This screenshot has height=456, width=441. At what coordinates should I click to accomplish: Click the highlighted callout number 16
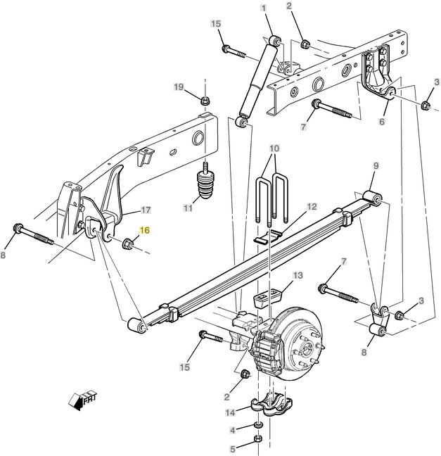[144, 230]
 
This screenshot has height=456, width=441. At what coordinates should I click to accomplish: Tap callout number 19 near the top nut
[179, 87]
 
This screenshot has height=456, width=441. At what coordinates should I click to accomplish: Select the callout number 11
[188, 208]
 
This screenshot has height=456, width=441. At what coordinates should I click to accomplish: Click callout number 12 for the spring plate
[312, 207]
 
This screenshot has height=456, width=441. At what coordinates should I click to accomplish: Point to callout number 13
[298, 275]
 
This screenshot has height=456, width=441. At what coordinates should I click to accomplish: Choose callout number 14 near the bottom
[230, 412]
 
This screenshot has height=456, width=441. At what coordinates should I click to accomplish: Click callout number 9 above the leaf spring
[376, 166]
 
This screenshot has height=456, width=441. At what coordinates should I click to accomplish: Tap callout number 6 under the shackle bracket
[382, 121]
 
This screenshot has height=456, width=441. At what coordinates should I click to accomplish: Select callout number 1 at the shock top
[264, 8]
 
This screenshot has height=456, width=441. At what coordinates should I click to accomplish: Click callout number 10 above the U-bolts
[274, 148]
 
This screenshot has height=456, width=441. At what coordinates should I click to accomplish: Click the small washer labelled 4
[258, 426]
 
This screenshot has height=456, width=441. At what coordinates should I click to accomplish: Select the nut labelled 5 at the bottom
[258, 438]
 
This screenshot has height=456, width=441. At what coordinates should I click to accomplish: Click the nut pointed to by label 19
[205, 101]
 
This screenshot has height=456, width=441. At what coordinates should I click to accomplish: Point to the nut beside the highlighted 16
[128, 243]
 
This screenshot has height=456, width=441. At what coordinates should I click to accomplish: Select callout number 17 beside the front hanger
[146, 210]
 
